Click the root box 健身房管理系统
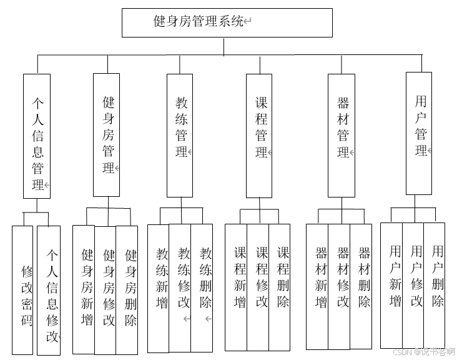click(227, 22)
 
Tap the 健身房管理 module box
click(107, 135)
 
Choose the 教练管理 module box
click(180, 135)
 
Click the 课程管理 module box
click(259, 135)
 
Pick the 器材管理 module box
click(342, 135)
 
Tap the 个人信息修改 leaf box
click(49, 290)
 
